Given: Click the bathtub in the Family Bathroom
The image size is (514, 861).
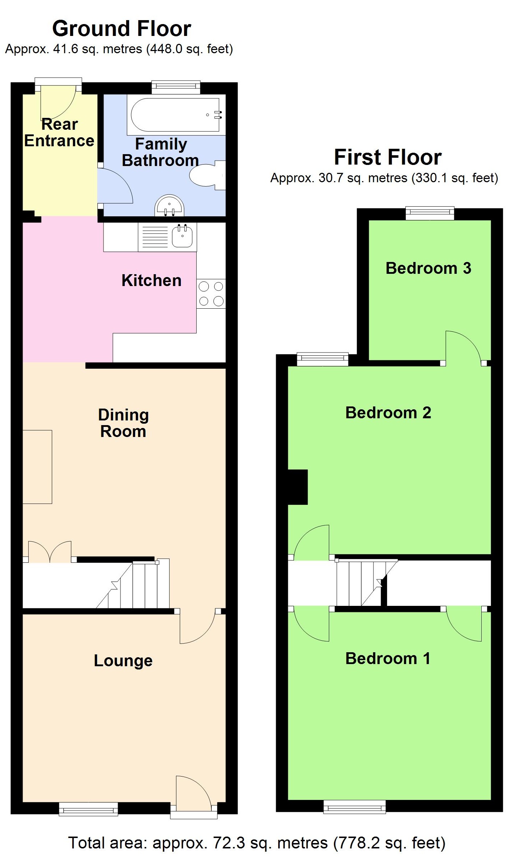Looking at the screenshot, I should (x=175, y=115).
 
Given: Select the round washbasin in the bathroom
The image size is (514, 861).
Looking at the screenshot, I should (x=169, y=207).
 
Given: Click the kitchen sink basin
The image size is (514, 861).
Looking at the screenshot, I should (x=183, y=236).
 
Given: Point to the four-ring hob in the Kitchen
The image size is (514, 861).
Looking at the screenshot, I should (x=211, y=294).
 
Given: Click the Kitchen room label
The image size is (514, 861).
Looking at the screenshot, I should (x=151, y=281).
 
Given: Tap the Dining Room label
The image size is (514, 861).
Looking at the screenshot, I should (x=123, y=423).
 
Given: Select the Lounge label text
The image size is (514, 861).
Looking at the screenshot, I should (x=123, y=660).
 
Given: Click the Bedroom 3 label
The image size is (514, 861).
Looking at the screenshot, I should (x=428, y=268).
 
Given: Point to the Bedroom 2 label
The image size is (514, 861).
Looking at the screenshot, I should (x=388, y=413).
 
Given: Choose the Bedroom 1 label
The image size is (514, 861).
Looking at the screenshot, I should (x=387, y=659).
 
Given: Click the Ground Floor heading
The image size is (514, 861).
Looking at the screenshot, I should (x=121, y=29).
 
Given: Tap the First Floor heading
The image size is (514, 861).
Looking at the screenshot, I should (x=387, y=157).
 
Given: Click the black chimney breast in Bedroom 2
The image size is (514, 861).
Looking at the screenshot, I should (x=298, y=487).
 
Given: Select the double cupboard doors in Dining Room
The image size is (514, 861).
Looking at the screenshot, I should (x=50, y=552).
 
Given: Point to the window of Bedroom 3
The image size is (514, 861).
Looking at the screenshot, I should (x=430, y=213).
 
